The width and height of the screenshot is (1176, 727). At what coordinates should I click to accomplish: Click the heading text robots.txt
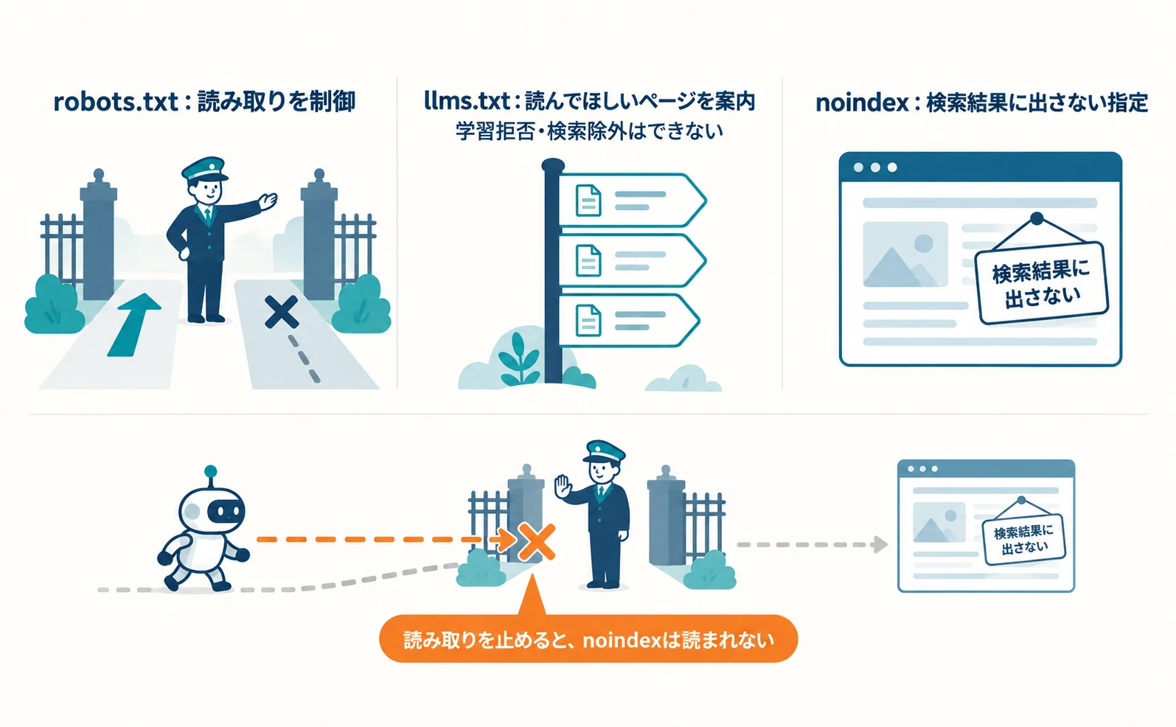click(116, 102)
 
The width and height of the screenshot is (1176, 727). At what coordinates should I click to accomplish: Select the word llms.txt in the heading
click(467, 101)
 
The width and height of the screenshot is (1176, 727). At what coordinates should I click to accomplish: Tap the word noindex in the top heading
click(861, 103)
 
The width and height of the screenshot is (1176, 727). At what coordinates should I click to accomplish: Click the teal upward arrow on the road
click(133, 325)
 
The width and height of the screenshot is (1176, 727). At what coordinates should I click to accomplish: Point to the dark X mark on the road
click(282, 312)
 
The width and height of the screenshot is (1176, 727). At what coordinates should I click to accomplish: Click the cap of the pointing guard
click(204, 169)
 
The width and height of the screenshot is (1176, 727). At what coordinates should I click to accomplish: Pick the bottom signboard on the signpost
click(628, 321)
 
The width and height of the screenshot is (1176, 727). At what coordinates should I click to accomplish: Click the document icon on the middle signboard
click(588, 260)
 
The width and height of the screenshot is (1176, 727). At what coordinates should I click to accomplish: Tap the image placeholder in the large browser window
click(905, 254)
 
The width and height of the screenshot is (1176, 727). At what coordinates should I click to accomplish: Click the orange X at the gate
click(536, 542)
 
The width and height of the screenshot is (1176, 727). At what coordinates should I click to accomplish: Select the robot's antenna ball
click(211, 471)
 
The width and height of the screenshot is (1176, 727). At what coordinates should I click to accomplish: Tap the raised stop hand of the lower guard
click(563, 487)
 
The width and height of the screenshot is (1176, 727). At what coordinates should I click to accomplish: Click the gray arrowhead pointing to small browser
click(880, 544)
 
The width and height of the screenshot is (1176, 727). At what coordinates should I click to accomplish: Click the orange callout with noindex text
click(588, 639)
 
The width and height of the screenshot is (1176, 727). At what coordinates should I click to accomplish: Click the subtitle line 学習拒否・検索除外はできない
click(589, 131)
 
